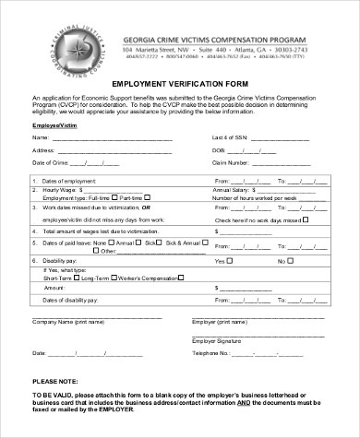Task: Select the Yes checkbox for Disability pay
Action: click(x=231, y=261)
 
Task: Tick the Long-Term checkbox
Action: click(x=78, y=278)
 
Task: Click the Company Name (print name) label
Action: click(x=66, y=322)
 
